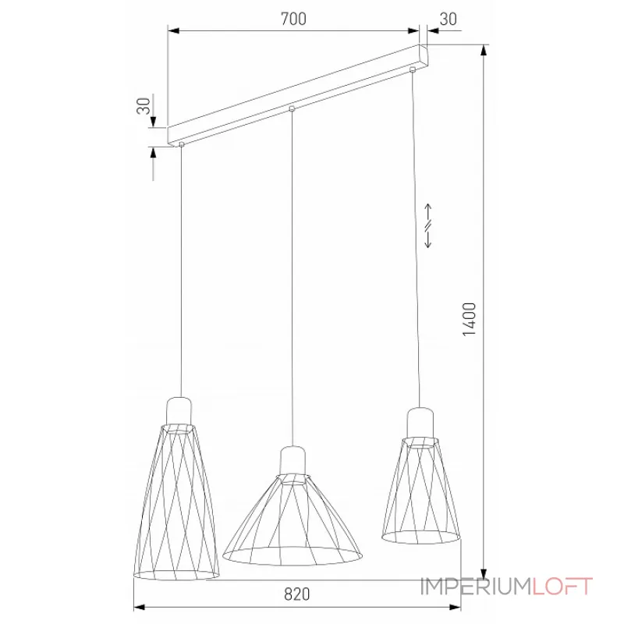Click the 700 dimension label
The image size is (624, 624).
293,19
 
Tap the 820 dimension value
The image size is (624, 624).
297,594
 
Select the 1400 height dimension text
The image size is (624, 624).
470,319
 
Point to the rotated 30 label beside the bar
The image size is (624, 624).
144,106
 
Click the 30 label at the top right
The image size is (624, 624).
448,19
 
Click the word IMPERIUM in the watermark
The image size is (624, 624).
476,587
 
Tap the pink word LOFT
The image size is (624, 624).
562,587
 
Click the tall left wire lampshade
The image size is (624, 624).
177,502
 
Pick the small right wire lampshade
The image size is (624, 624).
421,491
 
